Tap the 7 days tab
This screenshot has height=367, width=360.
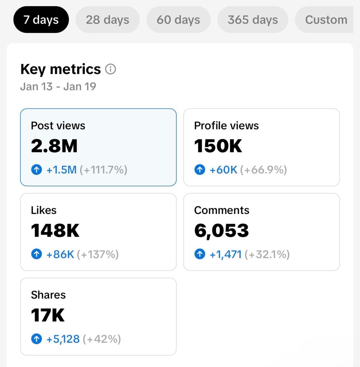41,20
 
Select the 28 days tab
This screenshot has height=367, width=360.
107,20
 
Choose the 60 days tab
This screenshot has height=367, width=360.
178,20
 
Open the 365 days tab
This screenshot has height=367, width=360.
253,20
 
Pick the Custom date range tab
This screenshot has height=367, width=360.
325,20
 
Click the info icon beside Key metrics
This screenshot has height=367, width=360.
110,69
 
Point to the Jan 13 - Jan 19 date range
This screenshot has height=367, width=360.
58,87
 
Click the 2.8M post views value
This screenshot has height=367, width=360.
54,146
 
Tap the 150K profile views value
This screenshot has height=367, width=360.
218,146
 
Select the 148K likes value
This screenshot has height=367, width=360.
55,230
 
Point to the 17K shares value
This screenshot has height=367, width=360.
48,315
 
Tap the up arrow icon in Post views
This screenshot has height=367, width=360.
37,170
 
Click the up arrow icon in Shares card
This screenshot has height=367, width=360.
37,339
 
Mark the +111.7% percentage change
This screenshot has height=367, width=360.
104,170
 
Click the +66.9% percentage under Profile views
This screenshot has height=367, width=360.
263,170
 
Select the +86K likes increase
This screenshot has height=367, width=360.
60,254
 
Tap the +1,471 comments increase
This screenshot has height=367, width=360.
226,255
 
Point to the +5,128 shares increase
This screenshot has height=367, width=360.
63,339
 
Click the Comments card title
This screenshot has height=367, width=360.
222,210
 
